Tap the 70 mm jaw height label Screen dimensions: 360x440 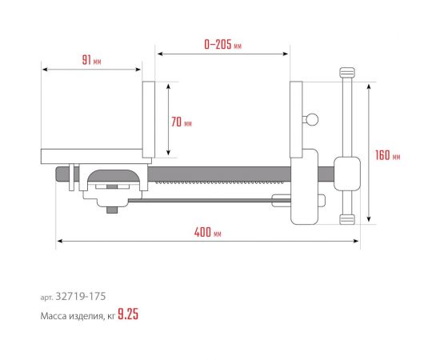tap(182, 122)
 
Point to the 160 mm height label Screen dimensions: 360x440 tap(387, 154)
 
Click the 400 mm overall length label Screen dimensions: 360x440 tap(208, 233)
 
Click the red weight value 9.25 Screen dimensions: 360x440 tap(128, 314)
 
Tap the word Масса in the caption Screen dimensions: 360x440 tap(54, 315)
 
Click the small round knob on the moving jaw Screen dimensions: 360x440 tap(312, 120)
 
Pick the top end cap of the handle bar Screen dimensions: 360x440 tap(346, 74)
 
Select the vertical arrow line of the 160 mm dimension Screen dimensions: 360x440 tap(368, 152)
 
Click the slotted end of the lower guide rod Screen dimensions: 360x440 tap(282, 201)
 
